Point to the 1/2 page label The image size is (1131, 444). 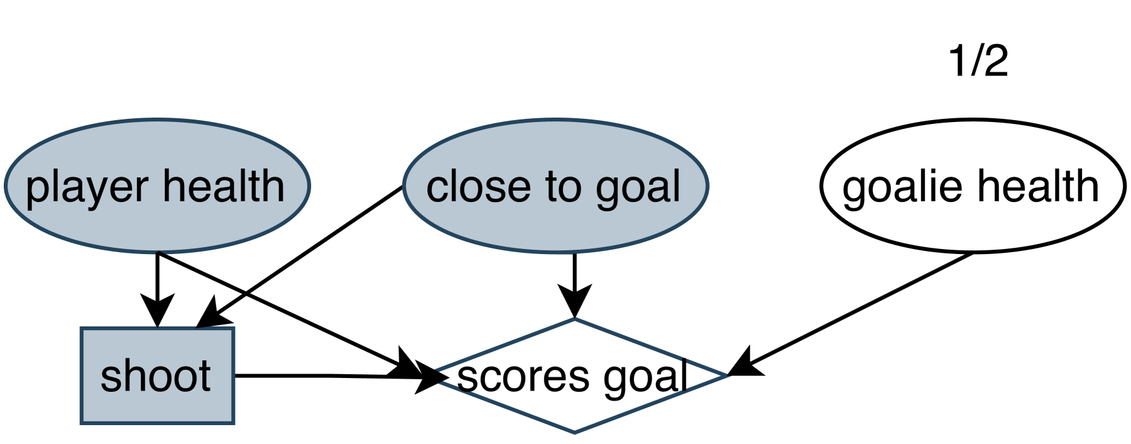click(x=978, y=62)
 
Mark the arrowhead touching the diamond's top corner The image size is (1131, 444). click(x=574, y=302)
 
